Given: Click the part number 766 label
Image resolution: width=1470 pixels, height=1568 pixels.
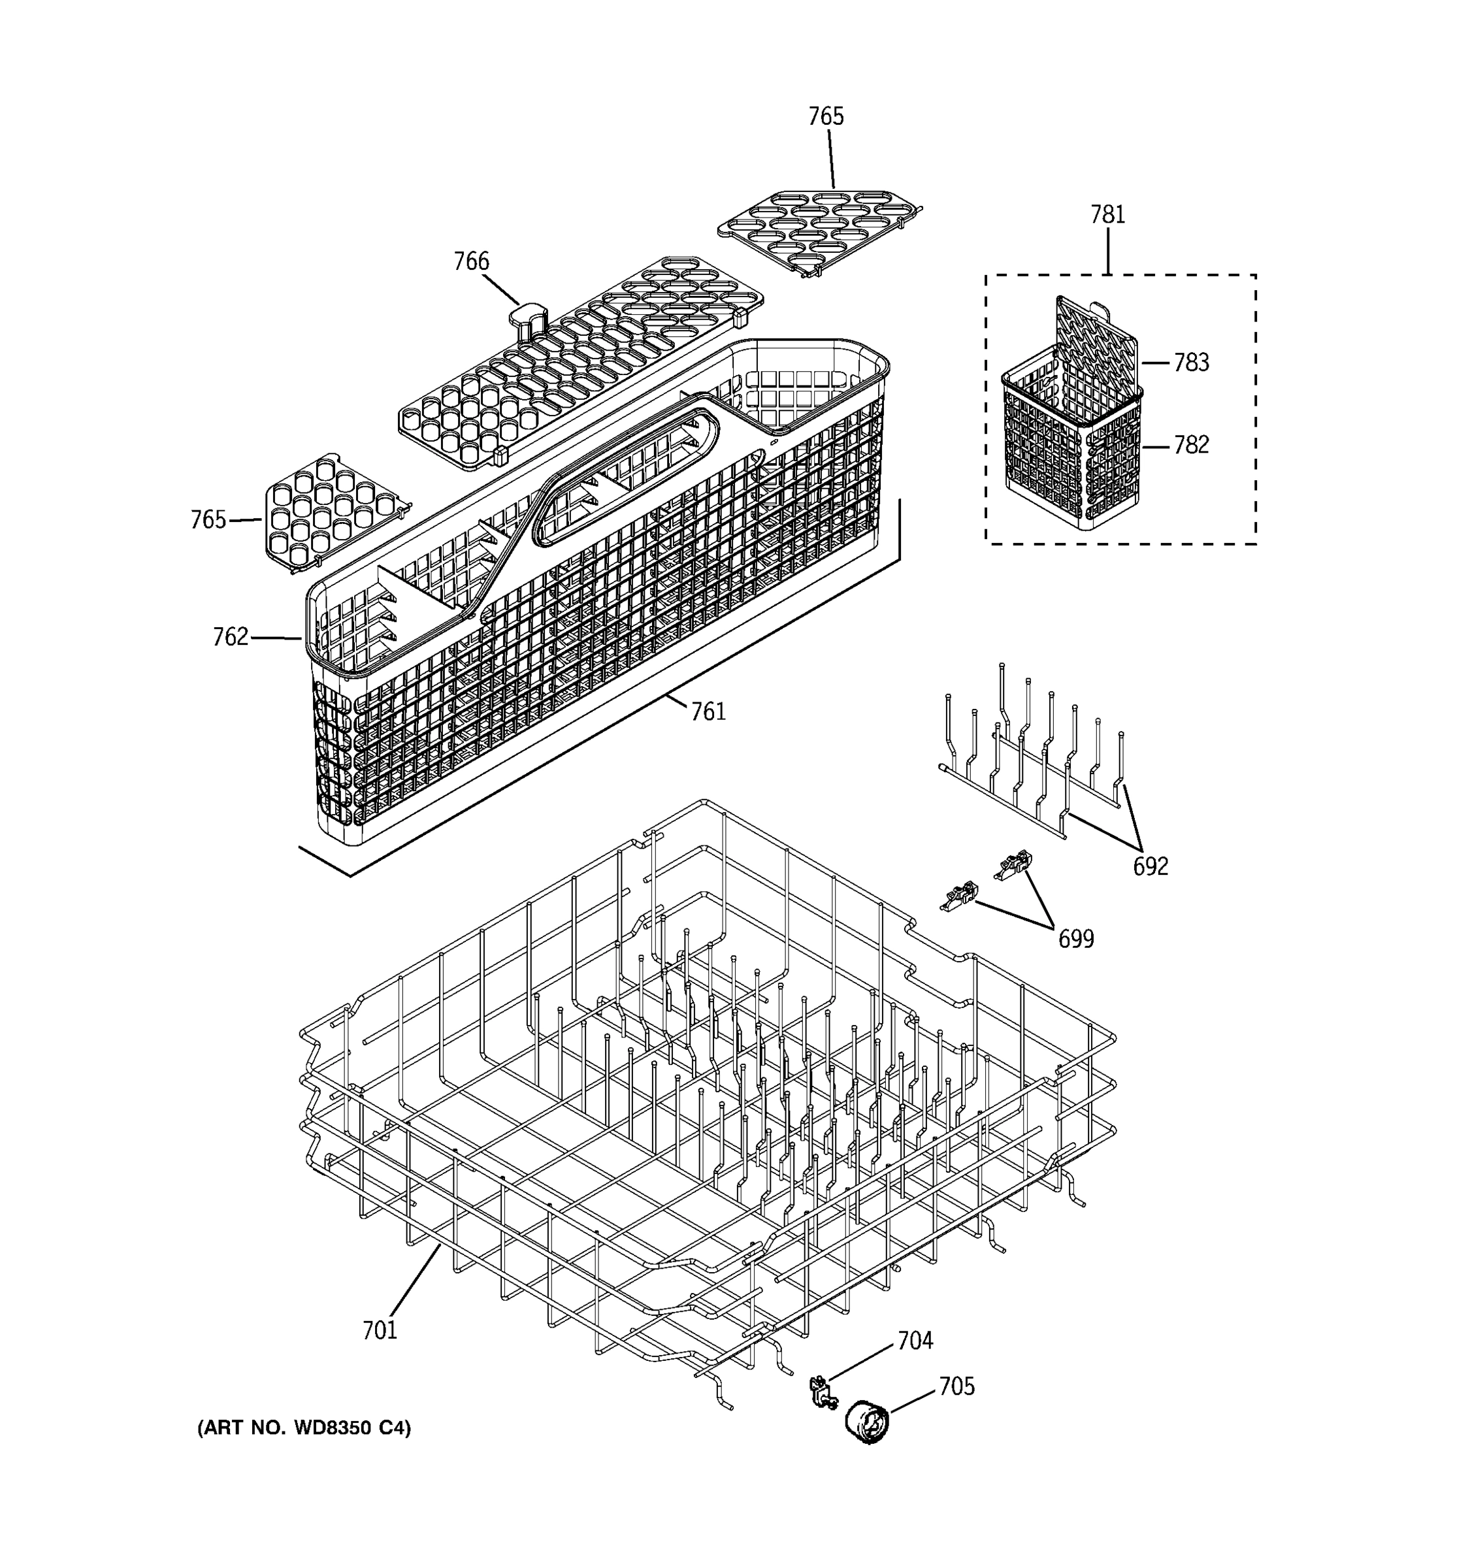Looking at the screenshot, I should pos(471,261).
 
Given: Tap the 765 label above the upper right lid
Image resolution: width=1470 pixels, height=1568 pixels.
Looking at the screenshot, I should pos(826,117).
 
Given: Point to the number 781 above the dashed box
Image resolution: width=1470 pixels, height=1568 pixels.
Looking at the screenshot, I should pos(1107,214).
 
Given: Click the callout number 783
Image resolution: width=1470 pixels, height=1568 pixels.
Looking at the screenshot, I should pos(1191,362).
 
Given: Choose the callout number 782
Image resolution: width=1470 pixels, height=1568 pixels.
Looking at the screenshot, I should pos(1191,445).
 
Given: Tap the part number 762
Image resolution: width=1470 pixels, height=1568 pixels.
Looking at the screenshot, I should pos(230,636).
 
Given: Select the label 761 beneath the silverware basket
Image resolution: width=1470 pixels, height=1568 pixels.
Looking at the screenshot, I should pos(708,711).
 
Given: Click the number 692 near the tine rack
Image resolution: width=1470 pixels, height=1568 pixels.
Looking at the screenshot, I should pos(1150,866).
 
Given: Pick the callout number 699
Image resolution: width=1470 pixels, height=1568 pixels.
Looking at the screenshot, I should pos(1075,939).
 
